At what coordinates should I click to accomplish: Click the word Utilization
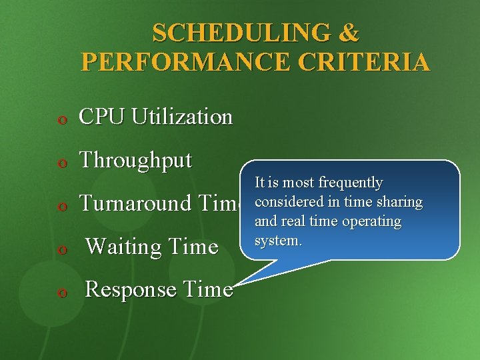pyautogui.click(x=182, y=117)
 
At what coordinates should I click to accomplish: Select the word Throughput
pyautogui.click(x=135, y=161)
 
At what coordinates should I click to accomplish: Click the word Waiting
pyautogui.click(x=124, y=247)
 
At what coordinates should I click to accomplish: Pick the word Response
pyautogui.click(x=131, y=289)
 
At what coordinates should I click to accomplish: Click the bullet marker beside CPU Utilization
pyautogui.click(x=61, y=119)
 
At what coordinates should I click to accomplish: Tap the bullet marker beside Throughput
pyautogui.click(x=61, y=163)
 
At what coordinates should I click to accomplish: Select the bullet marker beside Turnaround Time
pyautogui.click(x=61, y=206)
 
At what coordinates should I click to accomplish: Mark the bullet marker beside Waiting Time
pyautogui.click(x=61, y=249)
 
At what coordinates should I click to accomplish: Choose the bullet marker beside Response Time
pyautogui.click(x=61, y=292)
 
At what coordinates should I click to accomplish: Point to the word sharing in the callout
pyautogui.click(x=397, y=202)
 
